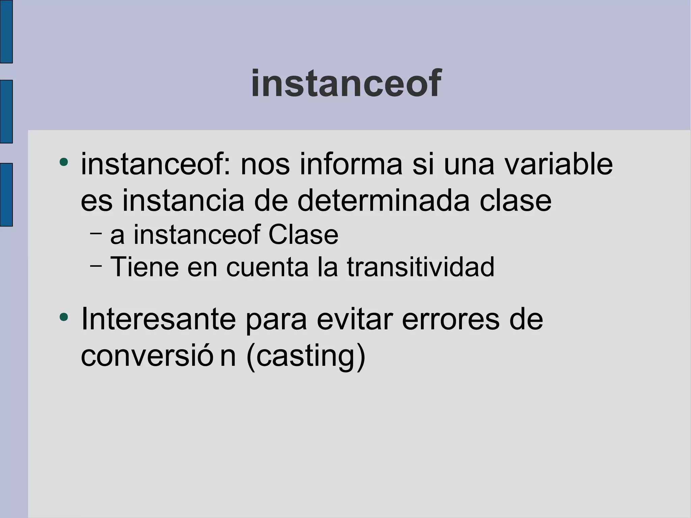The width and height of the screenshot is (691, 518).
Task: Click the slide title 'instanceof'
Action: (346, 83)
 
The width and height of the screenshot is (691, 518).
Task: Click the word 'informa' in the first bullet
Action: (351, 164)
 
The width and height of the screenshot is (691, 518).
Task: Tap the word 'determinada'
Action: (383, 201)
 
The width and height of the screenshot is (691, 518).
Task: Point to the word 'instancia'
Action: (183, 201)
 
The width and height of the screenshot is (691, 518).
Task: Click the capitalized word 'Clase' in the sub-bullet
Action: (303, 235)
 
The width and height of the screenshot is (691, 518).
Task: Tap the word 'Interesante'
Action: (158, 319)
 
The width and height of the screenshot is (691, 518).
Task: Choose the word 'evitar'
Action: (355, 319)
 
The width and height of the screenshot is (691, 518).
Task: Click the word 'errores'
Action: (450, 319)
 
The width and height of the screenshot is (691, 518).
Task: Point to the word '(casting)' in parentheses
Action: (306, 356)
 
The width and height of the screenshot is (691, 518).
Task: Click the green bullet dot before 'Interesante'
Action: (63, 317)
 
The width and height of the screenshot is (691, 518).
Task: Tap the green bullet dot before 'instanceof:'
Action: (63, 162)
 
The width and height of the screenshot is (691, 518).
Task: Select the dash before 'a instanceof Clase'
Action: (96, 233)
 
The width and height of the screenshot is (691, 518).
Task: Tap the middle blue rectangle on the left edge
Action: (6, 111)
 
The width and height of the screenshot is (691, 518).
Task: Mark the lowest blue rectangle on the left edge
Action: (6, 194)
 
